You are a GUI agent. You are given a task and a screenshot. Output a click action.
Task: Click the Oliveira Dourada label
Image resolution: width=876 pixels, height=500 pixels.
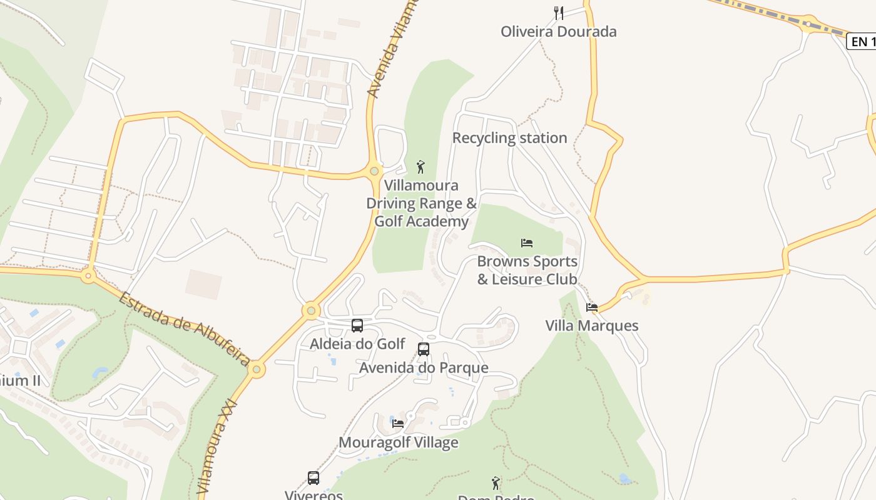[558, 31]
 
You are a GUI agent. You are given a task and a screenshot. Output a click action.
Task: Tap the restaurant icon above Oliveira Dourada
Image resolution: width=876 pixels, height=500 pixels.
[559, 12]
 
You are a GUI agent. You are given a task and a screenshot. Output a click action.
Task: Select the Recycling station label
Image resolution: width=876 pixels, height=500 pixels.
[509, 138]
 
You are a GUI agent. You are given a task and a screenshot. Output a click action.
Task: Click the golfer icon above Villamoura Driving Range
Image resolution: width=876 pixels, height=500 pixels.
[420, 167]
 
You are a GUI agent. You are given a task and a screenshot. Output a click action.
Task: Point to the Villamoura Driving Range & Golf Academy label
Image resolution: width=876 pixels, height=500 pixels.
[421, 204]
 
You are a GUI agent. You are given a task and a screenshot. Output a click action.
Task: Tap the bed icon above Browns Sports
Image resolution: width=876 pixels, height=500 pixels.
[527, 242]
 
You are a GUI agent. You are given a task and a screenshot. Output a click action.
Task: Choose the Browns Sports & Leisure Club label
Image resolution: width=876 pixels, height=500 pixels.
[527, 270]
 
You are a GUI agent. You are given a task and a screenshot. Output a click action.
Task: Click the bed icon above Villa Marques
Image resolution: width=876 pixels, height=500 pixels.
[592, 307]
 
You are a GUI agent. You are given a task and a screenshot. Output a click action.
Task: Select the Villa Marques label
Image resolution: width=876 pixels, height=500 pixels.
[592, 326]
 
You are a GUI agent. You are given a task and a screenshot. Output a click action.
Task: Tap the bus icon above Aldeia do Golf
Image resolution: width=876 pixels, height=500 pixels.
[357, 325]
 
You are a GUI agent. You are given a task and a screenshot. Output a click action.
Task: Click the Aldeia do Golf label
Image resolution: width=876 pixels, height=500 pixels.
[357, 344]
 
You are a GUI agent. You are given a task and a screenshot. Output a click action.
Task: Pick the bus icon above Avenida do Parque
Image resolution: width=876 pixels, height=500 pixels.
[424, 349]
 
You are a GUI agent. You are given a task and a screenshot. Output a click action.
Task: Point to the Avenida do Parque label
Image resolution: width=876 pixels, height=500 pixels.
[424, 367]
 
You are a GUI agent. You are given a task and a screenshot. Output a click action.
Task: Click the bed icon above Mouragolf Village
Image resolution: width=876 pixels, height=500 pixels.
[398, 423]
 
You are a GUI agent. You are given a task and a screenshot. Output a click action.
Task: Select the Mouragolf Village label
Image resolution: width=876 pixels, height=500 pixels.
[398, 442]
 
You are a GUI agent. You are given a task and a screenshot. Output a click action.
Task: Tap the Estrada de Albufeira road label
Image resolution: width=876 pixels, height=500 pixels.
[185, 328]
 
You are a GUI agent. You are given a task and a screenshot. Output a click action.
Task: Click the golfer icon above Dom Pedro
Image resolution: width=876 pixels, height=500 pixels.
[496, 482]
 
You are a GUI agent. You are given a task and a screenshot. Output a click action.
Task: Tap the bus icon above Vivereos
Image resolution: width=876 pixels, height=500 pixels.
[313, 477]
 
